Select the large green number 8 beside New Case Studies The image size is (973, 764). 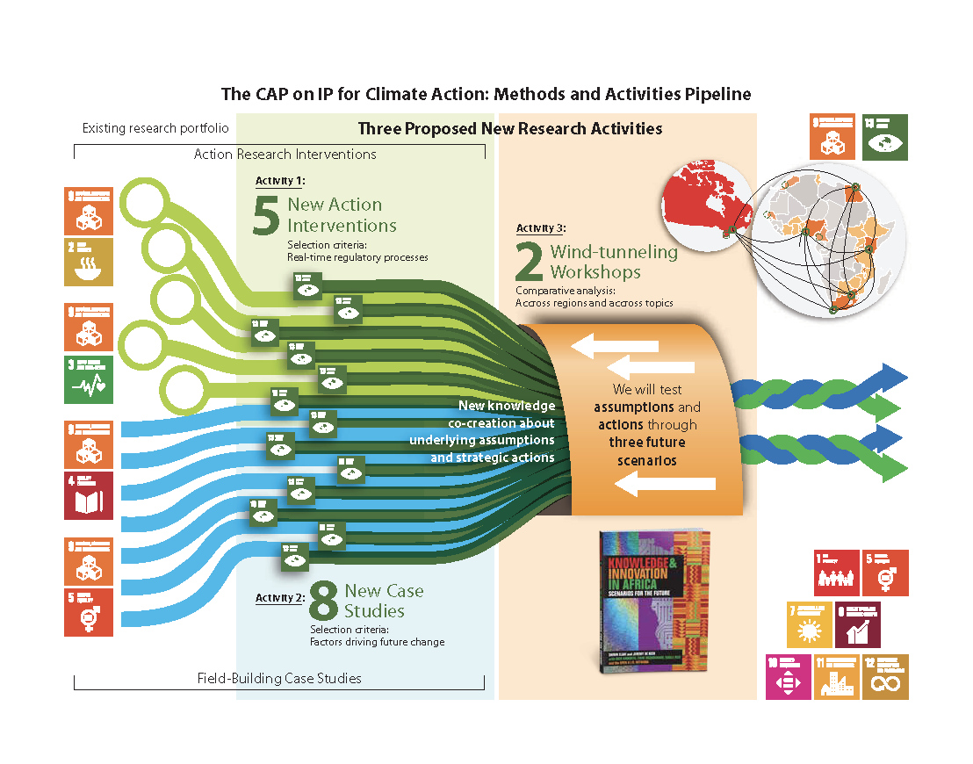[323, 602]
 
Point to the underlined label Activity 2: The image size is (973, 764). [279, 597]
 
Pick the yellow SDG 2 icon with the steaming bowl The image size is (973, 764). [88, 262]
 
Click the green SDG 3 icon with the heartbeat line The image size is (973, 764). [88, 379]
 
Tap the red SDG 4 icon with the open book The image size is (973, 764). [88, 496]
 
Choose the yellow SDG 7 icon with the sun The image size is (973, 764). [809, 624]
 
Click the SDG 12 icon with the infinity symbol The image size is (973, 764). [884, 677]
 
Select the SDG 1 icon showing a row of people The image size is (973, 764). [837, 573]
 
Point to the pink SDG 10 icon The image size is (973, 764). [788, 677]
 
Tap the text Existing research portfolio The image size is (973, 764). [155, 128]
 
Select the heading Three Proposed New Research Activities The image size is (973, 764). [509, 129]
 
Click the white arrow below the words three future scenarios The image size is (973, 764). [665, 483]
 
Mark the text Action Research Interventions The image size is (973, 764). [285, 155]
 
